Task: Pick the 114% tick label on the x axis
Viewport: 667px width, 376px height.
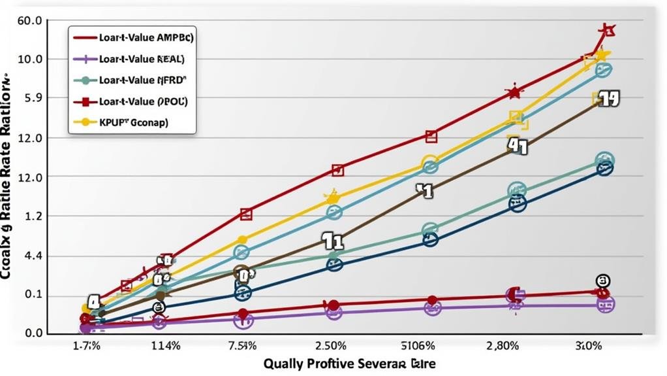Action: coord(166,346)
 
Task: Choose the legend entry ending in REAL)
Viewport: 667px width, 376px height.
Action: coord(142,59)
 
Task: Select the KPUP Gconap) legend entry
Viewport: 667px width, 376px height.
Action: coord(133,122)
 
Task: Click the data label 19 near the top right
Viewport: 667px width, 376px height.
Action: coord(607,99)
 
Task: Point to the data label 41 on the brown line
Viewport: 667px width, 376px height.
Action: coord(518,146)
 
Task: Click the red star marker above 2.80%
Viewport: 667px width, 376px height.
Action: coord(514,92)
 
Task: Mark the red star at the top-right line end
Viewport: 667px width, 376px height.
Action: coord(607,30)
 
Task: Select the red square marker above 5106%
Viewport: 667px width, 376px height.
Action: coord(431,137)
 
